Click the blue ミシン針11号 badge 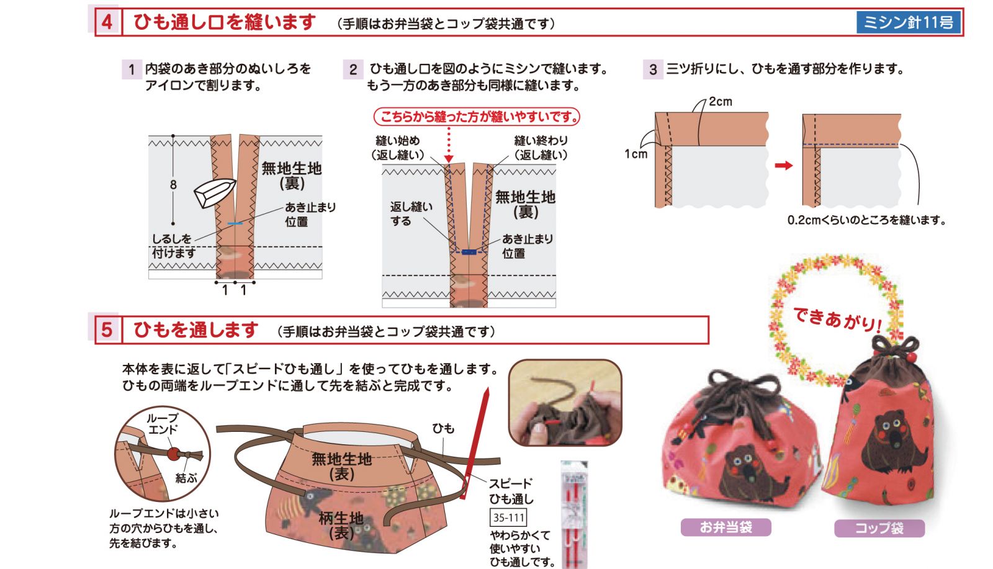909,22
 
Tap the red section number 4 107,22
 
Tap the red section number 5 107,329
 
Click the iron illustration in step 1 214,192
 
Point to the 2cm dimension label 721,102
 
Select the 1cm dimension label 636,154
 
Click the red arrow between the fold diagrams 783,165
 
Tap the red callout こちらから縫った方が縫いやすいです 477,117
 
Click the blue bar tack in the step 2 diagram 469,252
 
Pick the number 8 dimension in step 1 173,184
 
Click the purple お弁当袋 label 726,527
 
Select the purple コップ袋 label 879,528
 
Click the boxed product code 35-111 508,517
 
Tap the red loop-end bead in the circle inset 173,454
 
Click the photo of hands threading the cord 565,402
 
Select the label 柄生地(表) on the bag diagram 341,525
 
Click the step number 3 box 652,69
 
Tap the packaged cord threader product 575,514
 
